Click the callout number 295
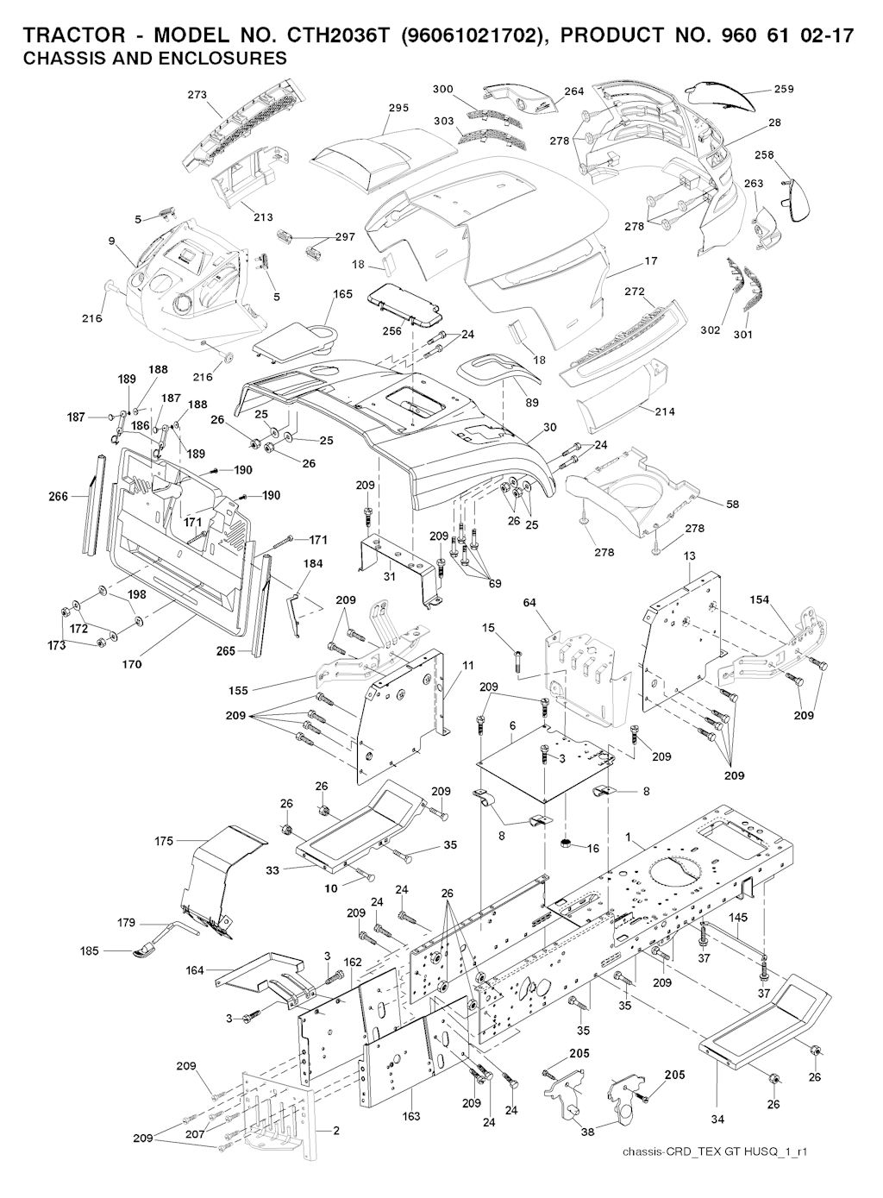pos(398,108)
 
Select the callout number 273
pos(197,95)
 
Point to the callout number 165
pos(343,295)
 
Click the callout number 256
pos(391,331)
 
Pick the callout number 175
pos(164,840)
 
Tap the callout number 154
pos(760,599)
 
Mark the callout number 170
pos(132,665)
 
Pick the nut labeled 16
pos(567,843)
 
